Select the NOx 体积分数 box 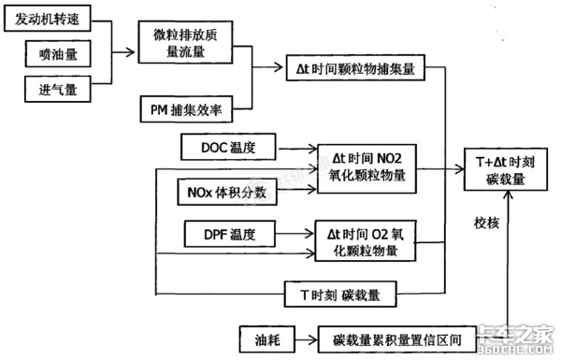222,192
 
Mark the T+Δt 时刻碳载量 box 506,170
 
